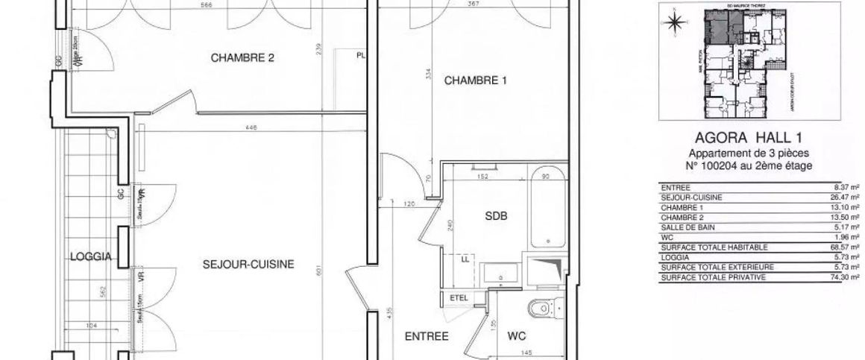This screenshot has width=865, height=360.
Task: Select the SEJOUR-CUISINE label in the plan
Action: (x=248, y=263)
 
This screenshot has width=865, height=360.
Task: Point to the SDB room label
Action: (x=497, y=216)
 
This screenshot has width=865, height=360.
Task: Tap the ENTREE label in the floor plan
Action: (x=426, y=336)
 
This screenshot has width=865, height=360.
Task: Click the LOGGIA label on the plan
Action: (x=90, y=257)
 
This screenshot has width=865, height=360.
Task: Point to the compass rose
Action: (x=675, y=22)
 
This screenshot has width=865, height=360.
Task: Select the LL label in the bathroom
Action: (x=466, y=259)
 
